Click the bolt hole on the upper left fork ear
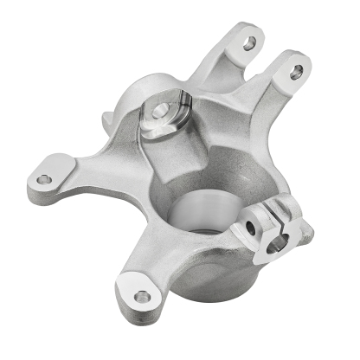pyautogui.click(x=251, y=41)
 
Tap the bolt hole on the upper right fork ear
pyautogui.click(x=296, y=72)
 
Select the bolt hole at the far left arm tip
pyautogui.click(x=43, y=179)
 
